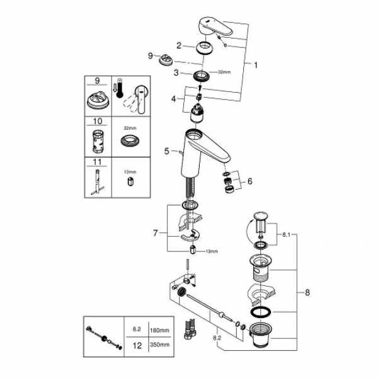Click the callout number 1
pyautogui.click(x=256, y=64)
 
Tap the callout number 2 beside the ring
pyautogui.click(x=179, y=45)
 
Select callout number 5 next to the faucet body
pyautogui.click(x=166, y=151)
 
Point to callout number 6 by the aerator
pyautogui.click(x=249, y=181)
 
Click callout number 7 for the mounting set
pyautogui.click(x=154, y=234)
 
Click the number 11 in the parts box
pyautogui.click(x=97, y=161)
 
